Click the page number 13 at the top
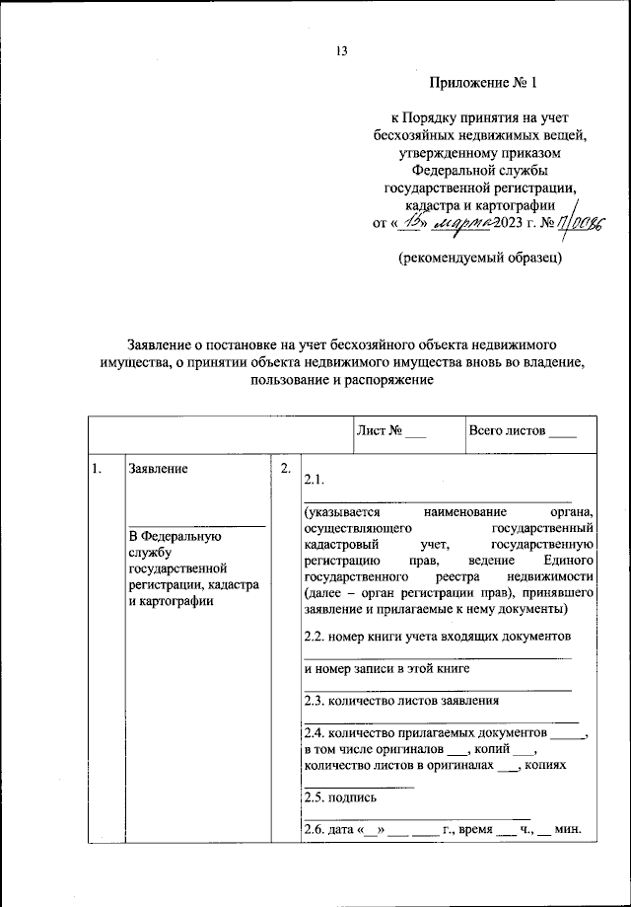(x=341, y=51)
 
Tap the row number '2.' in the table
(x=285, y=469)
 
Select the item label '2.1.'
(x=315, y=480)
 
